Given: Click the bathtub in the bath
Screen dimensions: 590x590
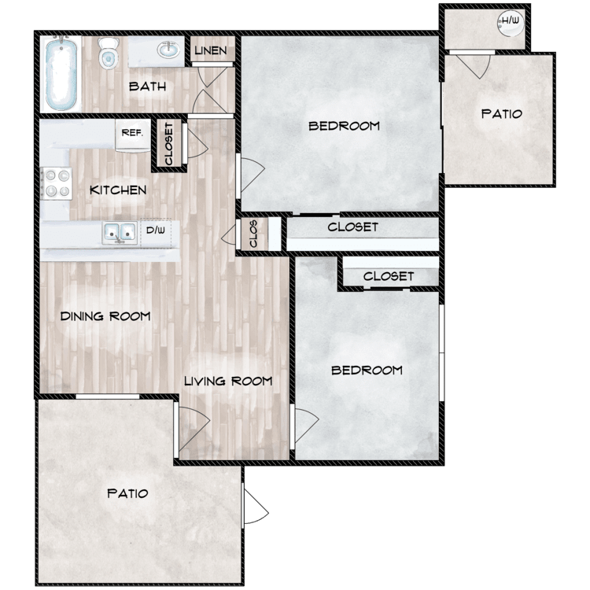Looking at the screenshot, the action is click(x=61, y=74).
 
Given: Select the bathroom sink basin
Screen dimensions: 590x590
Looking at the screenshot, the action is click(x=168, y=50).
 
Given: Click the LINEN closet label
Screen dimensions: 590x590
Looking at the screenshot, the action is click(x=211, y=50).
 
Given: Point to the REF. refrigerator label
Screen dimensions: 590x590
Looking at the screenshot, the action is click(x=132, y=133).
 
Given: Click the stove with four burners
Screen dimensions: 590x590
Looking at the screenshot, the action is click(x=56, y=183).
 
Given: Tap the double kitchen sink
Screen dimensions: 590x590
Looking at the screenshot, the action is click(x=120, y=232).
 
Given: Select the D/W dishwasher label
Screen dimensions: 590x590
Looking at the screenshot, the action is click(x=156, y=230).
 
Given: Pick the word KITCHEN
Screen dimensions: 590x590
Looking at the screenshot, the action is click(x=118, y=190).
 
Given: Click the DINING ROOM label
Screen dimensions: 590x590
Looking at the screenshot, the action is click(x=105, y=316).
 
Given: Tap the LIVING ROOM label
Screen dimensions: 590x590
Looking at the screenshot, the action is click(x=228, y=382).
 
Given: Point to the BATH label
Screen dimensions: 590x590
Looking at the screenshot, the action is click(x=148, y=87).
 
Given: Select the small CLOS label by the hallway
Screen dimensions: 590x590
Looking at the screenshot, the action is click(x=253, y=234).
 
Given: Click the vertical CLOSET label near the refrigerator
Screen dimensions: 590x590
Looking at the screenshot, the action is click(x=168, y=144).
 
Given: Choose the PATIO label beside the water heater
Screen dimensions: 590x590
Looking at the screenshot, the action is click(x=502, y=113).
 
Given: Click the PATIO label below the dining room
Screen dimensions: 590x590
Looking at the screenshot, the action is click(x=127, y=493).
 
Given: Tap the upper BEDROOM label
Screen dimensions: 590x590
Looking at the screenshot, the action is click(x=344, y=126).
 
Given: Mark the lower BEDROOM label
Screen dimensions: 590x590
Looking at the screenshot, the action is click(x=367, y=371).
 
